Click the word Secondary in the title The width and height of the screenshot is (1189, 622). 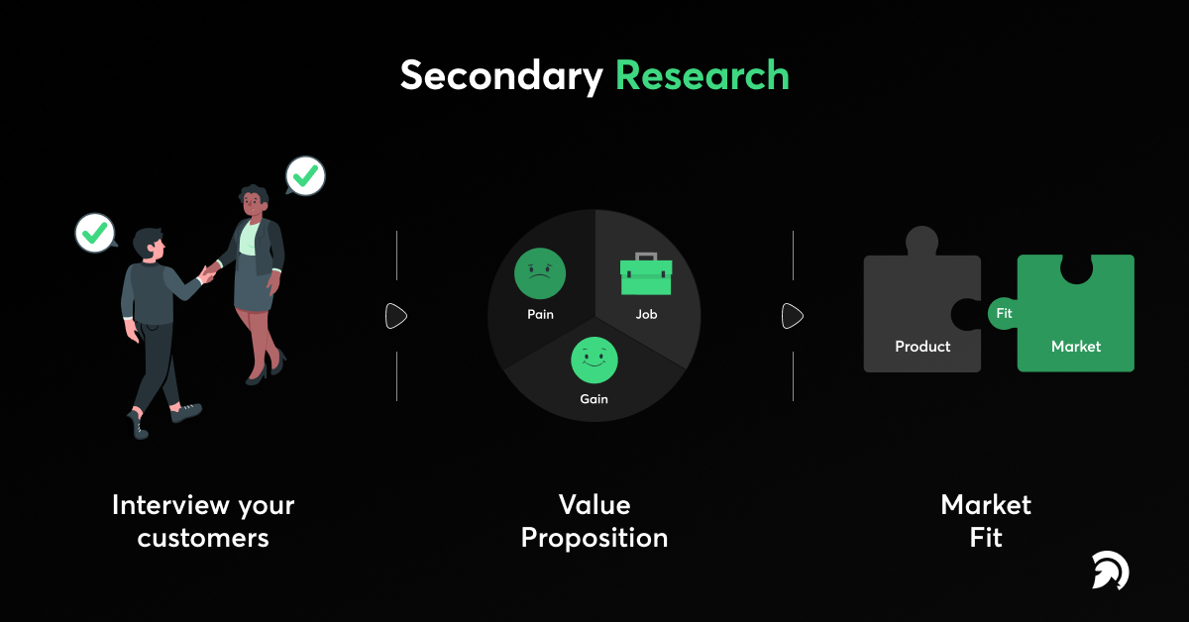tap(501, 76)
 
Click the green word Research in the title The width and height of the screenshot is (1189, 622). tap(702, 76)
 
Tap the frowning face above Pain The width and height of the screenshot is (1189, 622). tap(540, 273)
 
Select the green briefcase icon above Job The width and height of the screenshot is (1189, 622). tap(646, 274)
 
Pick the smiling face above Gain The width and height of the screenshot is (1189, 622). tap(594, 360)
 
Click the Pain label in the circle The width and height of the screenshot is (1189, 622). tap(540, 315)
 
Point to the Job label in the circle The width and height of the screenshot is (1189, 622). tap(646, 315)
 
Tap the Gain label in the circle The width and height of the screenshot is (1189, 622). tap(594, 399)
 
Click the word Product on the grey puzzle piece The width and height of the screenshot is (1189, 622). tap(922, 347)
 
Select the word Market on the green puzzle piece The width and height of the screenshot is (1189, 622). tap(1076, 347)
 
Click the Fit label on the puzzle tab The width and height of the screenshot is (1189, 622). tap(1004, 314)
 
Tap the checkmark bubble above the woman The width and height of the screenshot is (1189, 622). tap(306, 177)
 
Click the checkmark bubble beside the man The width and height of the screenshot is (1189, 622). tap(95, 233)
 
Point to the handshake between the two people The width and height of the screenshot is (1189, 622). tap(209, 270)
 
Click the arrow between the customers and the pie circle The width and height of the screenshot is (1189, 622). tap(396, 316)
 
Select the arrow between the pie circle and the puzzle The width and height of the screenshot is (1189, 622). tap(793, 316)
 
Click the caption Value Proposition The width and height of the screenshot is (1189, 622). tap(594, 521)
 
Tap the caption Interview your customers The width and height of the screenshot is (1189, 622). tap(203, 521)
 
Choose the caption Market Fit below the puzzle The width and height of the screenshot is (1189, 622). tap(986, 521)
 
